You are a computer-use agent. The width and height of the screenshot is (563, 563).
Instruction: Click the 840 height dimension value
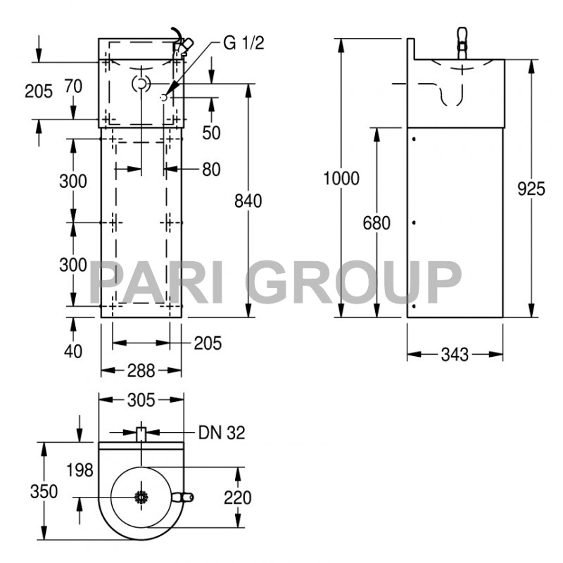[248, 201]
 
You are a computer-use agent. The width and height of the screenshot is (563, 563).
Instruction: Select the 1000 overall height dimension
[341, 178]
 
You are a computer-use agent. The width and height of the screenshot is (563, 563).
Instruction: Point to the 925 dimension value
[531, 189]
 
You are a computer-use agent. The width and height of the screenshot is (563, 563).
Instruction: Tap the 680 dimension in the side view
[376, 223]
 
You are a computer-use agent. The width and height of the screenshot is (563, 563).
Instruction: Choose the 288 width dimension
[141, 369]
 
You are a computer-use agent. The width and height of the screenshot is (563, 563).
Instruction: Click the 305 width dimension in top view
[141, 400]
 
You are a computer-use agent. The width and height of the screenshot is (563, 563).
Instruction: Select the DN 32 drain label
[222, 433]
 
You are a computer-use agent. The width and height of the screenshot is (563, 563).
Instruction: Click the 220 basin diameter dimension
[236, 498]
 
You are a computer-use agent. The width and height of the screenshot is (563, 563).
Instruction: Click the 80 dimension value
[210, 169]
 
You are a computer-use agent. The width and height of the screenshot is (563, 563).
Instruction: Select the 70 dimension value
[72, 87]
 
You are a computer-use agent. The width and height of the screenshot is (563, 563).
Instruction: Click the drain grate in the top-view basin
[141, 497]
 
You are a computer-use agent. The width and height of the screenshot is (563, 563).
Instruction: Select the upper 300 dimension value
[73, 181]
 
